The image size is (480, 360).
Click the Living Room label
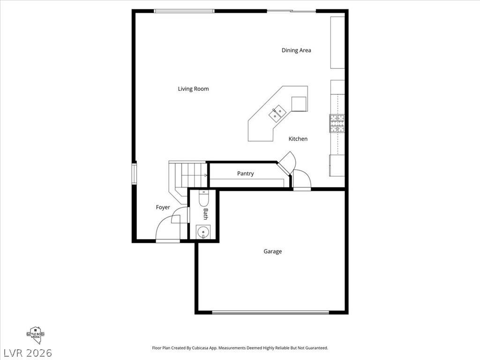click(x=193, y=89)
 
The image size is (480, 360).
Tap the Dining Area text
click(x=296, y=50)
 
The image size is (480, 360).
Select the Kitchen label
click(x=298, y=139)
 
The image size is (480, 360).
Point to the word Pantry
click(x=245, y=173)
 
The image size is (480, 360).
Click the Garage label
click(x=272, y=251)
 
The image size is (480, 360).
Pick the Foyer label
click(x=163, y=207)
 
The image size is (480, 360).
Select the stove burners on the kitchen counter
click(x=337, y=124)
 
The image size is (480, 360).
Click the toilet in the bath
click(x=204, y=199)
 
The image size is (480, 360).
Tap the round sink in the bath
click(x=203, y=232)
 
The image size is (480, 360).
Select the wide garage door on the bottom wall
click(x=271, y=312)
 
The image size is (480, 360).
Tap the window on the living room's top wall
click(x=185, y=11)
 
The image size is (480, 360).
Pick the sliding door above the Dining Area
click(x=291, y=11)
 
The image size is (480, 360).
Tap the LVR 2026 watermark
click(x=27, y=352)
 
